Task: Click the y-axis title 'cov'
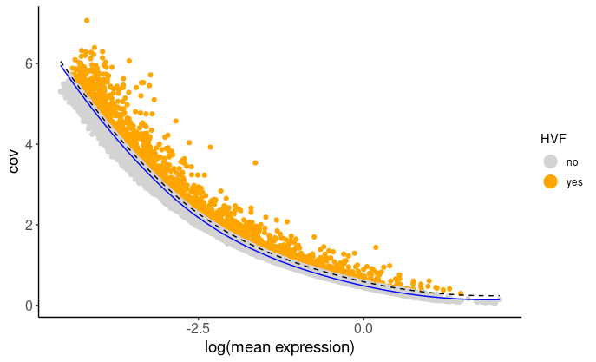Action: tap(14, 161)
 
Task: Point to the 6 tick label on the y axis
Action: tap(28, 64)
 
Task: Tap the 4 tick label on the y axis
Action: tap(28, 144)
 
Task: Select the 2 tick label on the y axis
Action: tap(28, 225)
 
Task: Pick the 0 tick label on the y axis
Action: tap(28, 306)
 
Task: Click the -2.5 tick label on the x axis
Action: tap(199, 329)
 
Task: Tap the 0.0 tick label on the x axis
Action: tap(364, 329)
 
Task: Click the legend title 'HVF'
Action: tap(553, 139)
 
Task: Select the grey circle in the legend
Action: tap(550, 161)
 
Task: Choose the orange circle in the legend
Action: tap(550, 181)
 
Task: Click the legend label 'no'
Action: tap(572, 162)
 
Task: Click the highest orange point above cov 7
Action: tap(87, 20)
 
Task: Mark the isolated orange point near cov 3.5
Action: tap(255, 162)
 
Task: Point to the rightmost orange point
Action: tap(462, 293)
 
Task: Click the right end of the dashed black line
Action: tap(499, 296)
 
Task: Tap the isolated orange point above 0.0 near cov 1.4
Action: tap(376, 247)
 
